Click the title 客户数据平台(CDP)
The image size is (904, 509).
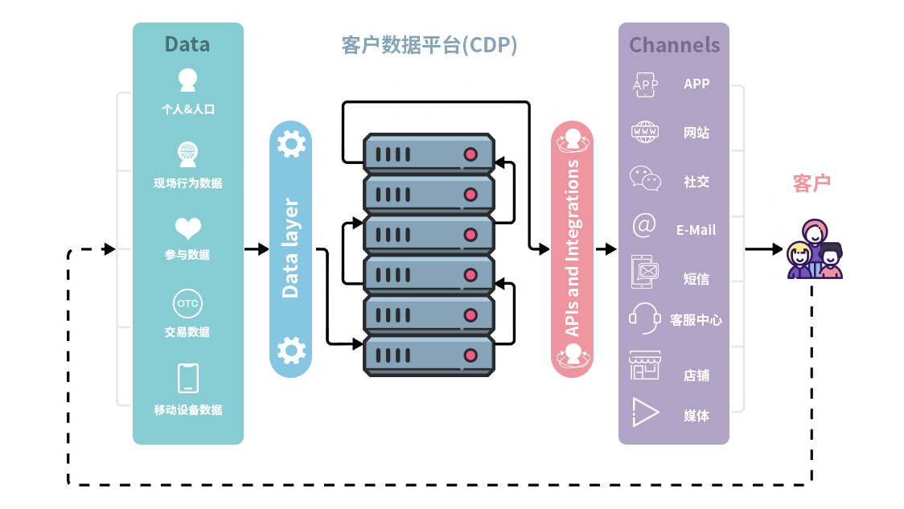pyautogui.click(x=429, y=45)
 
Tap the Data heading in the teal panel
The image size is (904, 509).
pyautogui.click(x=187, y=44)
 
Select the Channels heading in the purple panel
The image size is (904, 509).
pyautogui.click(x=674, y=45)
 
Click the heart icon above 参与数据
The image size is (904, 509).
pyautogui.click(x=188, y=229)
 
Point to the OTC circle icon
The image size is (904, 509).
pyautogui.click(x=187, y=304)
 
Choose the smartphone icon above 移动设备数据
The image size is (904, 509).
pyautogui.click(x=188, y=378)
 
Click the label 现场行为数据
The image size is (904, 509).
pyautogui.click(x=188, y=183)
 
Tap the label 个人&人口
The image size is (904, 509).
pyautogui.click(x=188, y=109)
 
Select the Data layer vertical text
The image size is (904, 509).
pyautogui.click(x=290, y=248)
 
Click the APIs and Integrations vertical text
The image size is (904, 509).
pyautogui.click(x=572, y=248)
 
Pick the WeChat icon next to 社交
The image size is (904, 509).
pyautogui.click(x=645, y=179)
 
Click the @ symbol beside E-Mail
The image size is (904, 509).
pyautogui.click(x=644, y=226)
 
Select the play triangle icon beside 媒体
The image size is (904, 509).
pyautogui.click(x=645, y=412)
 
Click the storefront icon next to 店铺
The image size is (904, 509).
pyautogui.click(x=645, y=366)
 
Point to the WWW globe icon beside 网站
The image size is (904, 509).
pyautogui.click(x=645, y=132)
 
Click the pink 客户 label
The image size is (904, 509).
pyautogui.click(x=812, y=183)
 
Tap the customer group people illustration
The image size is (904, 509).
pyautogui.click(x=814, y=250)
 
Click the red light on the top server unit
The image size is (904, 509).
pyautogui.click(x=470, y=154)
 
